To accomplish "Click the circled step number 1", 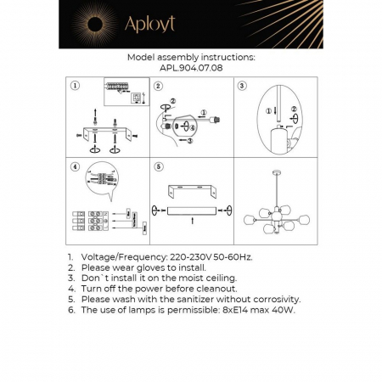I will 76,86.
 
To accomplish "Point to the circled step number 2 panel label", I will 158,86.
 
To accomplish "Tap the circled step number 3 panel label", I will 242,86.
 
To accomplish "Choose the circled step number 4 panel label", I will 76,168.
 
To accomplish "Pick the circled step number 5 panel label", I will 158,168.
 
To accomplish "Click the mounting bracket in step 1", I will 105,135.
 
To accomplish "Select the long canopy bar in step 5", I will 190,209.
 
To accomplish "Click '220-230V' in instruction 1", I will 174,256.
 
